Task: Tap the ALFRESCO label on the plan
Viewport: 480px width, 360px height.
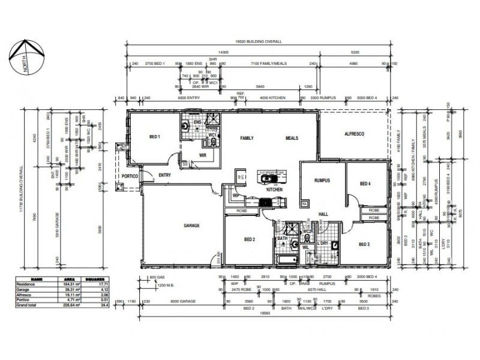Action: click(x=354, y=134)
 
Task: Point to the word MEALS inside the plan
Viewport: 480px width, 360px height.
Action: click(x=292, y=138)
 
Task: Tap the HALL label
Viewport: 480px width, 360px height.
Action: click(x=323, y=214)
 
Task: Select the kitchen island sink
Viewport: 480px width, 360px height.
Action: click(x=268, y=178)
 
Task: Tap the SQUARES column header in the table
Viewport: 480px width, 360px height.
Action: click(x=96, y=279)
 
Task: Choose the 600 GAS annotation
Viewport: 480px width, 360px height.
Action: click(x=158, y=277)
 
